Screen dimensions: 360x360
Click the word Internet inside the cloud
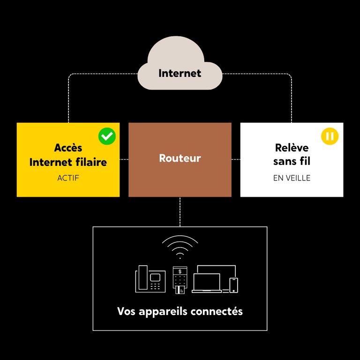click(180, 73)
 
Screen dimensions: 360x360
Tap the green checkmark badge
click(107, 136)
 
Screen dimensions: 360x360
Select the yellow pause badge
click(330, 136)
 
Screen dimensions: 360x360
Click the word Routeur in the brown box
click(180, 158)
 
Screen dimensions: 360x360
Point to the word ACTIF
click(68, 178)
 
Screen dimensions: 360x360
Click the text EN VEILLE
click(292, 178)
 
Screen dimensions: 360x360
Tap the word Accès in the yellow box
click(68, 148)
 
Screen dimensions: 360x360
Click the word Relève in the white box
click(292, 148)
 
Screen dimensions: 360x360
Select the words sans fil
click(292, 162)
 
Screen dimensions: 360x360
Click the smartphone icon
click(233, 285)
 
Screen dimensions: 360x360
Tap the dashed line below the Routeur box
click(180, 211)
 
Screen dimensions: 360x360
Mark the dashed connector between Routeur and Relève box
click(236, 160)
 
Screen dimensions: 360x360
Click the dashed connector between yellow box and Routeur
click(124, 160)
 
